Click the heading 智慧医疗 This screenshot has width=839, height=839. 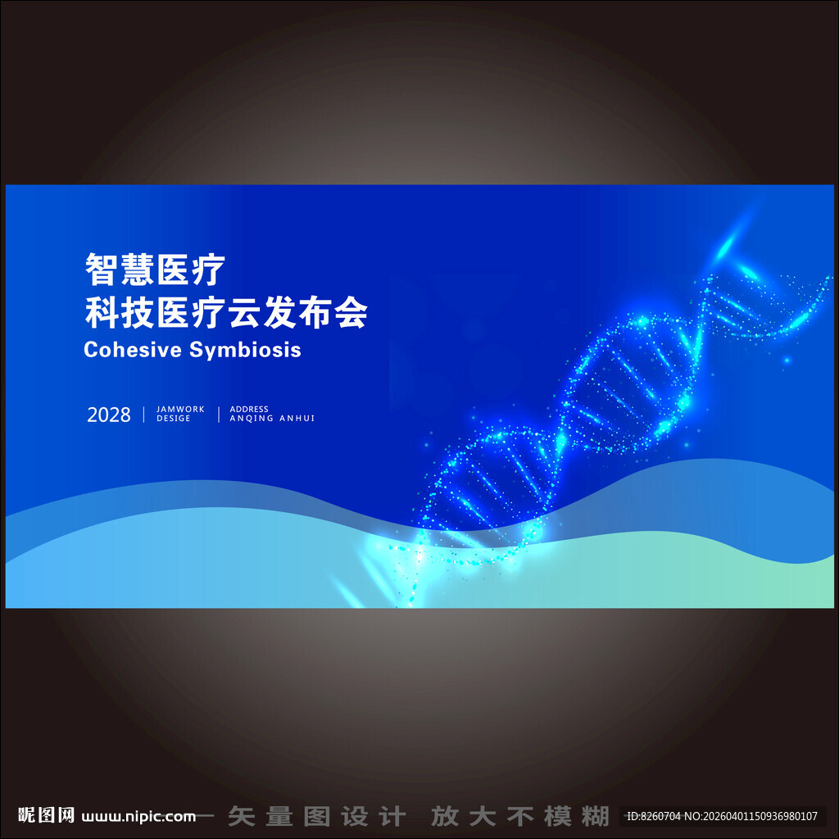[155, 270]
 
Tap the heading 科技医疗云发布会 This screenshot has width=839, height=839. [226, 312]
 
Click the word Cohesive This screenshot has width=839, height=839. [134, 350]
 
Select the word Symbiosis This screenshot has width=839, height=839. [245, 350]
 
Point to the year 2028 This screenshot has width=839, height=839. [109, 415]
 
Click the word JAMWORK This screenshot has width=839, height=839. [180, 410]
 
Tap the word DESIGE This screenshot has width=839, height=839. [174, 419]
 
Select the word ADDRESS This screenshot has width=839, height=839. [249, 410]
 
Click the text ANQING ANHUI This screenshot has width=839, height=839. [272, 419]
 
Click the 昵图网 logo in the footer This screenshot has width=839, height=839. [47, 815]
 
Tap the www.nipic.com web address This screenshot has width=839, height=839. [138, 816]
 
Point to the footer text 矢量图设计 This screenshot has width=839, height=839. [316, 816]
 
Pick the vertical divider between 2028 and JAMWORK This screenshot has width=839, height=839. [144, 414]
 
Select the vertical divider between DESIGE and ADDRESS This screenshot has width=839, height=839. [219, 414]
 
